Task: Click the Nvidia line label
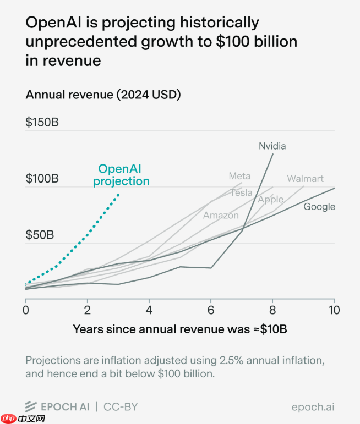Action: (272, 146)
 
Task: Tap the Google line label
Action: (319, 207)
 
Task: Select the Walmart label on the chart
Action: (305, 179)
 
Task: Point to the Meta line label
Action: (239, 176)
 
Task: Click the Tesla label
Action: (241, 192)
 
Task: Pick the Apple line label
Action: (271, 199)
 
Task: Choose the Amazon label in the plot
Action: (221, 215)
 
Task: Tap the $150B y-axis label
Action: (42, 122)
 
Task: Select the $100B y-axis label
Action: (42, 179)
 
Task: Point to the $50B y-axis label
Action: (40, 235)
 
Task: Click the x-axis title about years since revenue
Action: (180, 329)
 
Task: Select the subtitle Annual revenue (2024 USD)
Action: (103, 95)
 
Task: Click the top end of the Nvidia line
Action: (272, 154)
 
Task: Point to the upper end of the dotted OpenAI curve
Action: (118, 194)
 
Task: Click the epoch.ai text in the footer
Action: (313, 407)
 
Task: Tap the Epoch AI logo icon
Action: (31, 407)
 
